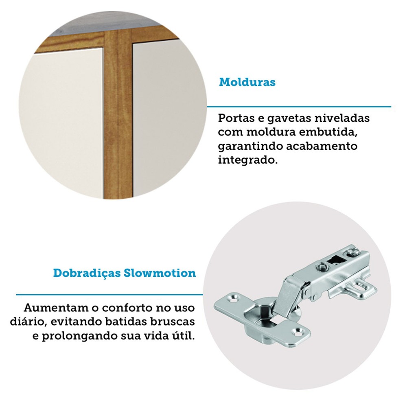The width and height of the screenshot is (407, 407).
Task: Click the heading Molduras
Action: (x=247, y=82)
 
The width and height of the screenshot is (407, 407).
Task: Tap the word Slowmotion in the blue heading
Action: (x=160, y=273)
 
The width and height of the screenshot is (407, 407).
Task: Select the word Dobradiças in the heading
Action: (x=87, y=274)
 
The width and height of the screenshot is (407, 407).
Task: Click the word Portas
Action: (x=235, y=118)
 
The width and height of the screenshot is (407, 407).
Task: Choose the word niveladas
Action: (x=342, y=118)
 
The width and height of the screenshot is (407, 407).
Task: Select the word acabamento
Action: (x=322, y=146)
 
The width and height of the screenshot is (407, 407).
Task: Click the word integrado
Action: (x=247, y=160)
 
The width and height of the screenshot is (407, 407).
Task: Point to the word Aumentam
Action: (x=55, y=308)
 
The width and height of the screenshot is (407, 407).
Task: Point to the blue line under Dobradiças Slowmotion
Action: (x=109, y=295)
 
